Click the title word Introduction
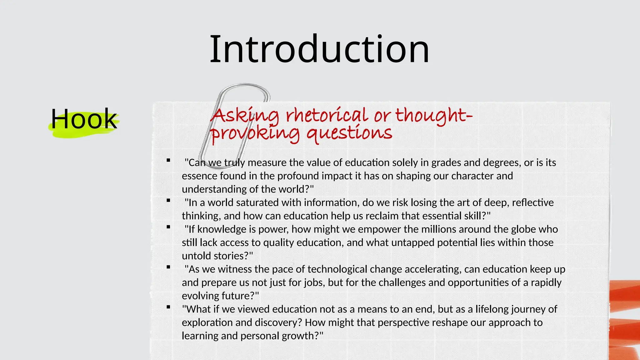(319, 49)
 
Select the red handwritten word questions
(349, 134)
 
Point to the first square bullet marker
(168, 160)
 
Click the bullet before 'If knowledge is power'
(168, 227)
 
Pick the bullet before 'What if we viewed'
(168, 307)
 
